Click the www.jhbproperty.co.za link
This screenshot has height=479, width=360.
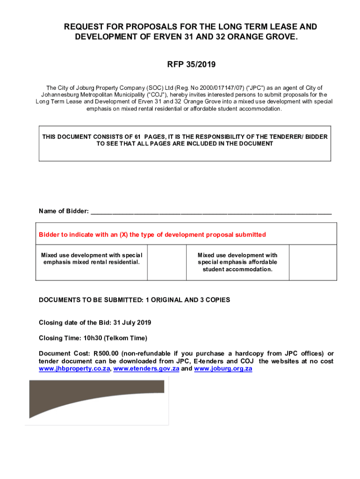tap(74, 369)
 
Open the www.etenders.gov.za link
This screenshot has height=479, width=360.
tap(146, 369)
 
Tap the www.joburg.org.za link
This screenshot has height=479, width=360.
tap(223, 369)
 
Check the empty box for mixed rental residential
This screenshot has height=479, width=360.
tap(166, 262)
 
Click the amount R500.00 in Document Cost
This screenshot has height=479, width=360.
tap(108, 354)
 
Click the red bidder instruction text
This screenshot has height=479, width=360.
tap(152, 234)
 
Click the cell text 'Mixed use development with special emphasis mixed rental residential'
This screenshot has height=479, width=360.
tap(92, 259)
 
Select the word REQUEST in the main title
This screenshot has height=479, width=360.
tap(83, 27)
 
